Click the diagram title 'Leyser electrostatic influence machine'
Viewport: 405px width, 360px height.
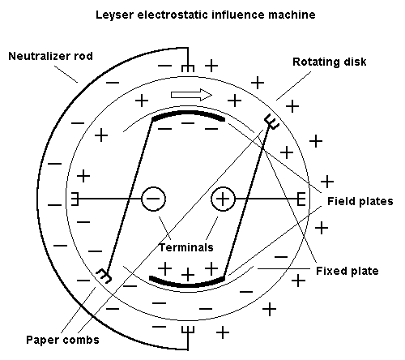(x=206, y=15)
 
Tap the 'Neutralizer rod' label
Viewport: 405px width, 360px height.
(x=51, y=56)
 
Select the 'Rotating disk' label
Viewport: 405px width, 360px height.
(x=330, y=62)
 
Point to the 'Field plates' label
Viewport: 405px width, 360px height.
(x=360, y=201)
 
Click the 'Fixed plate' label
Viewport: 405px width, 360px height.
(x=347, y=271)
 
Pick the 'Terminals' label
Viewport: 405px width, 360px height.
(x=186, y=247)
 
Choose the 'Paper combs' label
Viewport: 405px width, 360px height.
(x=62, y=340)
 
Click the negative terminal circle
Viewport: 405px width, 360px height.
(x=153, y=199)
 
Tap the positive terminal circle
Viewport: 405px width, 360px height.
(x=223, y=199)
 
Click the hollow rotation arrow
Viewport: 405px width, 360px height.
(x=191, y=95)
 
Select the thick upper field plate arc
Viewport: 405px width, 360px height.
(x=188, y=113)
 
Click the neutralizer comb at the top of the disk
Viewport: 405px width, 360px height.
(x=188, y=68)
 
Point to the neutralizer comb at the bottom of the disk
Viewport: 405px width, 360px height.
(x=188, y=330)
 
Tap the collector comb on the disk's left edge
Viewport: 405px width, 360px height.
(x=75, y=199)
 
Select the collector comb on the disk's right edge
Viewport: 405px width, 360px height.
(x=301, y=199)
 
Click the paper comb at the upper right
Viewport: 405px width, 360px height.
(x=271, y=122)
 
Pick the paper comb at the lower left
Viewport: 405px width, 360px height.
(x=104, y=276)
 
